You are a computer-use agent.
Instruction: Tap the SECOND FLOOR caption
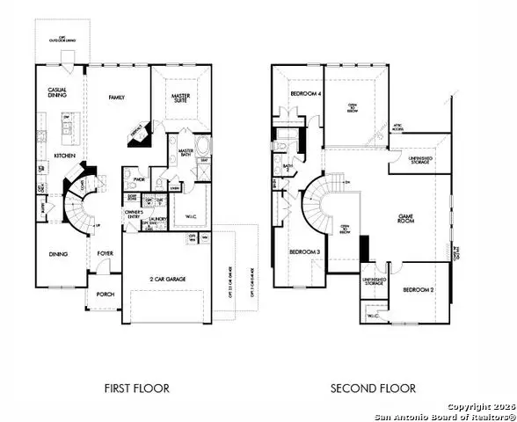(x=373, y=388)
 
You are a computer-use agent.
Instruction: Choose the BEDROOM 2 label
(x=419, y=289)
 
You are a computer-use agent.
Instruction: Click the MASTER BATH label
(x=186, y=155)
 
